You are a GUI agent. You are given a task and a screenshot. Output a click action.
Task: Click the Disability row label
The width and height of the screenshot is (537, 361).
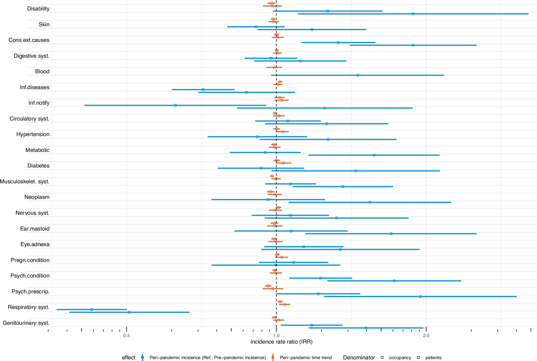38,9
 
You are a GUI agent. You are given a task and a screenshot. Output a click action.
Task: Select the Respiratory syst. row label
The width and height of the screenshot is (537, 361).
28,307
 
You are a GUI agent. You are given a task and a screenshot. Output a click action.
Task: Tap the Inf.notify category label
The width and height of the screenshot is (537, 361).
39,103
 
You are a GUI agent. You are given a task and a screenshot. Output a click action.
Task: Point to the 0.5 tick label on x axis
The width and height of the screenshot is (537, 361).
126,336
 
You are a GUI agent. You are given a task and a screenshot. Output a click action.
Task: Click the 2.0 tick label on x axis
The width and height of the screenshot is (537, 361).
426,336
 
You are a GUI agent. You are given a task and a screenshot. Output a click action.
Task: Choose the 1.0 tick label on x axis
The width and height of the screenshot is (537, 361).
276,336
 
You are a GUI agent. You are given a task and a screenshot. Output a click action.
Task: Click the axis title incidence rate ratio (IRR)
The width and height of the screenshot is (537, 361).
281,342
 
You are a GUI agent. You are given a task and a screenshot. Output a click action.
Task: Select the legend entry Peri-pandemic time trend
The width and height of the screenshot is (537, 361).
306,358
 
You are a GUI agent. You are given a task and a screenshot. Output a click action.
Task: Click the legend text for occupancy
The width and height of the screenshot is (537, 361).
400,358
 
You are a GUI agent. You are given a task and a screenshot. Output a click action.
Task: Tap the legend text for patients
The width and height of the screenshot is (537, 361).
433,358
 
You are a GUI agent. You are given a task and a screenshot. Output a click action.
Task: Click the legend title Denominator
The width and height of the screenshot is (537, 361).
359,358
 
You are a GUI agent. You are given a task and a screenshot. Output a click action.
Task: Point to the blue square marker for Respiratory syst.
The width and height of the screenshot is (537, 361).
92,309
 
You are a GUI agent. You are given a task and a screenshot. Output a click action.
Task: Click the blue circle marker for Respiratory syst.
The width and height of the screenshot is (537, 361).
129,312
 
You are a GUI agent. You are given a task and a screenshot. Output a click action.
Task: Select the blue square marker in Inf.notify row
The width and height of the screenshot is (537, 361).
175,105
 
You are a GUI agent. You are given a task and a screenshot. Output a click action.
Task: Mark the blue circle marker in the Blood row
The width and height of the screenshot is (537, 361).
358,75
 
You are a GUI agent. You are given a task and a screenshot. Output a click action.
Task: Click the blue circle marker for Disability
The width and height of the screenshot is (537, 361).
413,14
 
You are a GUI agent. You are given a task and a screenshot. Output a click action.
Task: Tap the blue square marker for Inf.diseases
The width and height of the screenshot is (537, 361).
203,89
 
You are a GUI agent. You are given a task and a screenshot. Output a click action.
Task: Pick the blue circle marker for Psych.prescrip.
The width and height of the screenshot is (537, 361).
420,297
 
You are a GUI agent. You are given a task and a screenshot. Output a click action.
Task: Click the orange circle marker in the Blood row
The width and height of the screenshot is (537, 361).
274,67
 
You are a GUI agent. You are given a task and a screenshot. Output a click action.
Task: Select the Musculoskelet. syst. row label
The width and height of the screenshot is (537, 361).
25,181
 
